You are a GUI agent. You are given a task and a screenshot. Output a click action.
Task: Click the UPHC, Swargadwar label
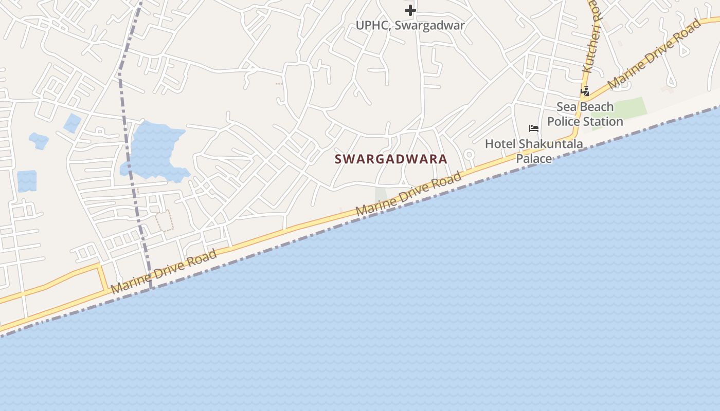pyautogui.click(x=410, y=25)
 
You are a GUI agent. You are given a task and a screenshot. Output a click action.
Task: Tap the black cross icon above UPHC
pyautogui.click(x=410, y=10)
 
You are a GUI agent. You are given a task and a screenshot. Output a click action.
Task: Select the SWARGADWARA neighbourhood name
pyautogui.click(x=391, y=159)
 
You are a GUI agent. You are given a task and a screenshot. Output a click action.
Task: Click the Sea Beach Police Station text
pyautogui.click(x=585, y=114)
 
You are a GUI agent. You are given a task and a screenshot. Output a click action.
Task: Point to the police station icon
pyautogui.click(x=585, y=91)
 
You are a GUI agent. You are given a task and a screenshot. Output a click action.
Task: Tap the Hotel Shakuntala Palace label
pyautogui.click(x=534, y=151)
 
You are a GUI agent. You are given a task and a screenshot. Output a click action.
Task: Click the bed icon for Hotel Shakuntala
pyautogui.click(x=534, y=128)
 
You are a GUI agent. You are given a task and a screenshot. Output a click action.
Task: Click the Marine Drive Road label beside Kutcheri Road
pyautogui.click(x=654, y=54)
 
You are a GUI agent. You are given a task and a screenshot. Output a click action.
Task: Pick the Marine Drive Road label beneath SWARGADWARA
pyautogui.click(x=409, y=194)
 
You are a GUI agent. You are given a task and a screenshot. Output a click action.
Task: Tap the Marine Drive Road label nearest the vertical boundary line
pyautogui.click(x=164, y=272)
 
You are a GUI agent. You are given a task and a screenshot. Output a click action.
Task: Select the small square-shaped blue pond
pyautogui.click(x=27, y=181)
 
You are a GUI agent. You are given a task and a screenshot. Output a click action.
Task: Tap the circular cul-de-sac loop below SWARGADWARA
pyautogui.click(x=469, y=154)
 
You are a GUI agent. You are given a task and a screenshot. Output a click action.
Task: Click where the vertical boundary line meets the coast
pyautogui.click(x=151, y=288)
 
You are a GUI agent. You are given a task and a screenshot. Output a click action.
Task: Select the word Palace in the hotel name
pyautogui.click(x=534, y=158)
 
